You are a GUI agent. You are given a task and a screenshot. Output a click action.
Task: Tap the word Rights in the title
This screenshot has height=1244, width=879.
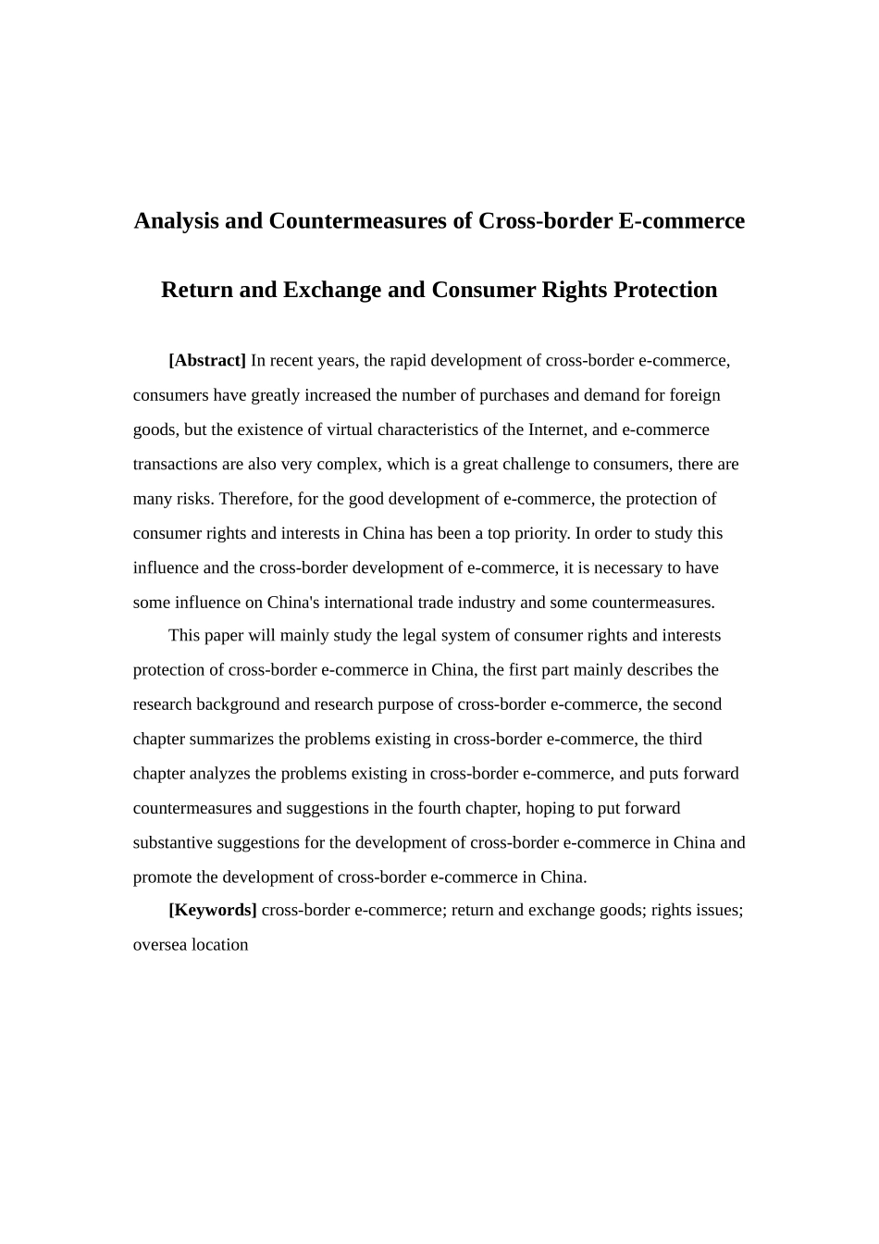574,290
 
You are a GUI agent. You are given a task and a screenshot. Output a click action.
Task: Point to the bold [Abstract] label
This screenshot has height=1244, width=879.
207,360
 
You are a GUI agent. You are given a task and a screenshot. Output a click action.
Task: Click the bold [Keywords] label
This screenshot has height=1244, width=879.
213,910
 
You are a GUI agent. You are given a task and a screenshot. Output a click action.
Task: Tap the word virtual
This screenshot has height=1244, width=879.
348,429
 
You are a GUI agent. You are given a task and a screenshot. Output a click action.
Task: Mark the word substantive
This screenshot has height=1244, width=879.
171,842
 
